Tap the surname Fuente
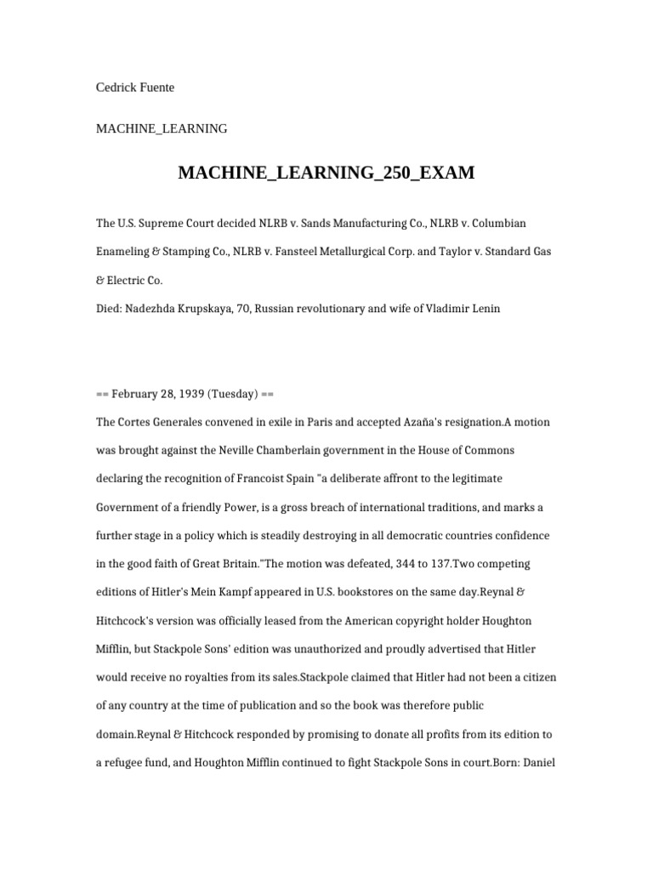[158, 88]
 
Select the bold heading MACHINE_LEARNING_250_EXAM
[326, 174]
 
